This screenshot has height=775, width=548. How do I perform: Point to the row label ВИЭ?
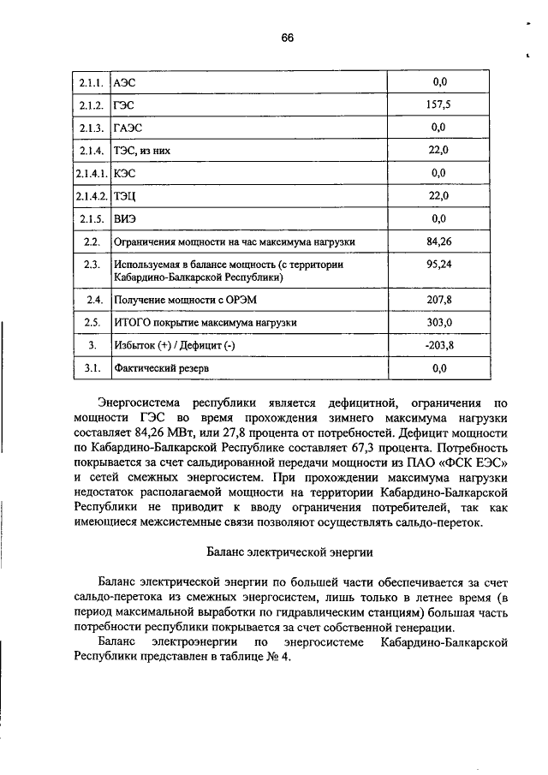click(126, 219)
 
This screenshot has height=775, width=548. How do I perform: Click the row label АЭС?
click(125, 82)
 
